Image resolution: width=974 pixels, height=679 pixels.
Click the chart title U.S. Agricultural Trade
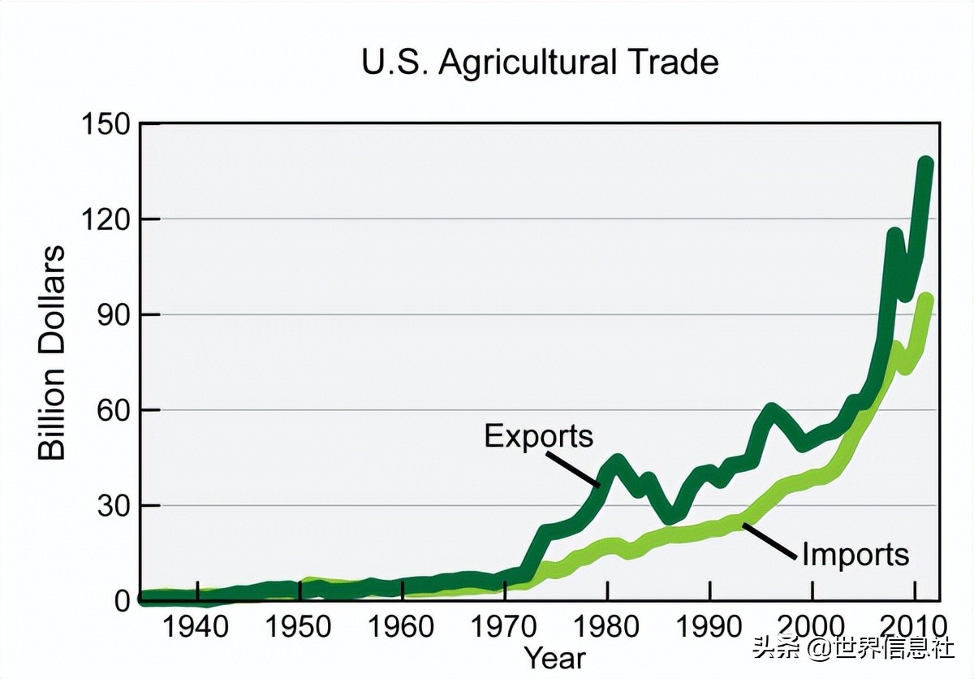pyautogui.click(x=540, y=63)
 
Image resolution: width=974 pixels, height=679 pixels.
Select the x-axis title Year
pyautogui.click(x=554, y=657)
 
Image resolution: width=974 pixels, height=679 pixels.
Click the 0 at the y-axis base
pyautogui.click(x=122, y=601)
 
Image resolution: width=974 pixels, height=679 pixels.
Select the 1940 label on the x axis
pyautogui.click(x=196, y=628)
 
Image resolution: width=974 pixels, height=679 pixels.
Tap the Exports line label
pyautogui.click(x=539, y=437)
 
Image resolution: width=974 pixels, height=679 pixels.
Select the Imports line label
pyautogui.click(x=855, y=555)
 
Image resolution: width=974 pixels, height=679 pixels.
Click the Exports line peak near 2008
pyautogui.click(x=894, y=236)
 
